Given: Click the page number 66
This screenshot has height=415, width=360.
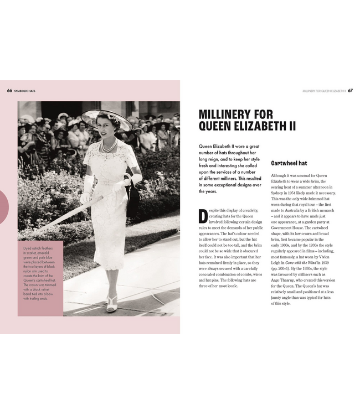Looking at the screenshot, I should [9, 90].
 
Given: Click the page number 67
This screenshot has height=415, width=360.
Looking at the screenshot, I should [350, 90].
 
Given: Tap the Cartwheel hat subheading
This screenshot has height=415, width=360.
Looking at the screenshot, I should [289, 163].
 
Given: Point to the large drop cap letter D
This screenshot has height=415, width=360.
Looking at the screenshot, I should [203, 216].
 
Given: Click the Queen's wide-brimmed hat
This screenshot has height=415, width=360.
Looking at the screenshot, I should [106, 118].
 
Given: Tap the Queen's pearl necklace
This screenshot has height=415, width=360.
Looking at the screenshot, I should [109, 147].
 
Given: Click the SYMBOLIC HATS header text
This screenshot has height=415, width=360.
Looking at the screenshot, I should [25, 90].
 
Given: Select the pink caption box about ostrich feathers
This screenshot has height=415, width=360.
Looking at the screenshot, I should [40, 278].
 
